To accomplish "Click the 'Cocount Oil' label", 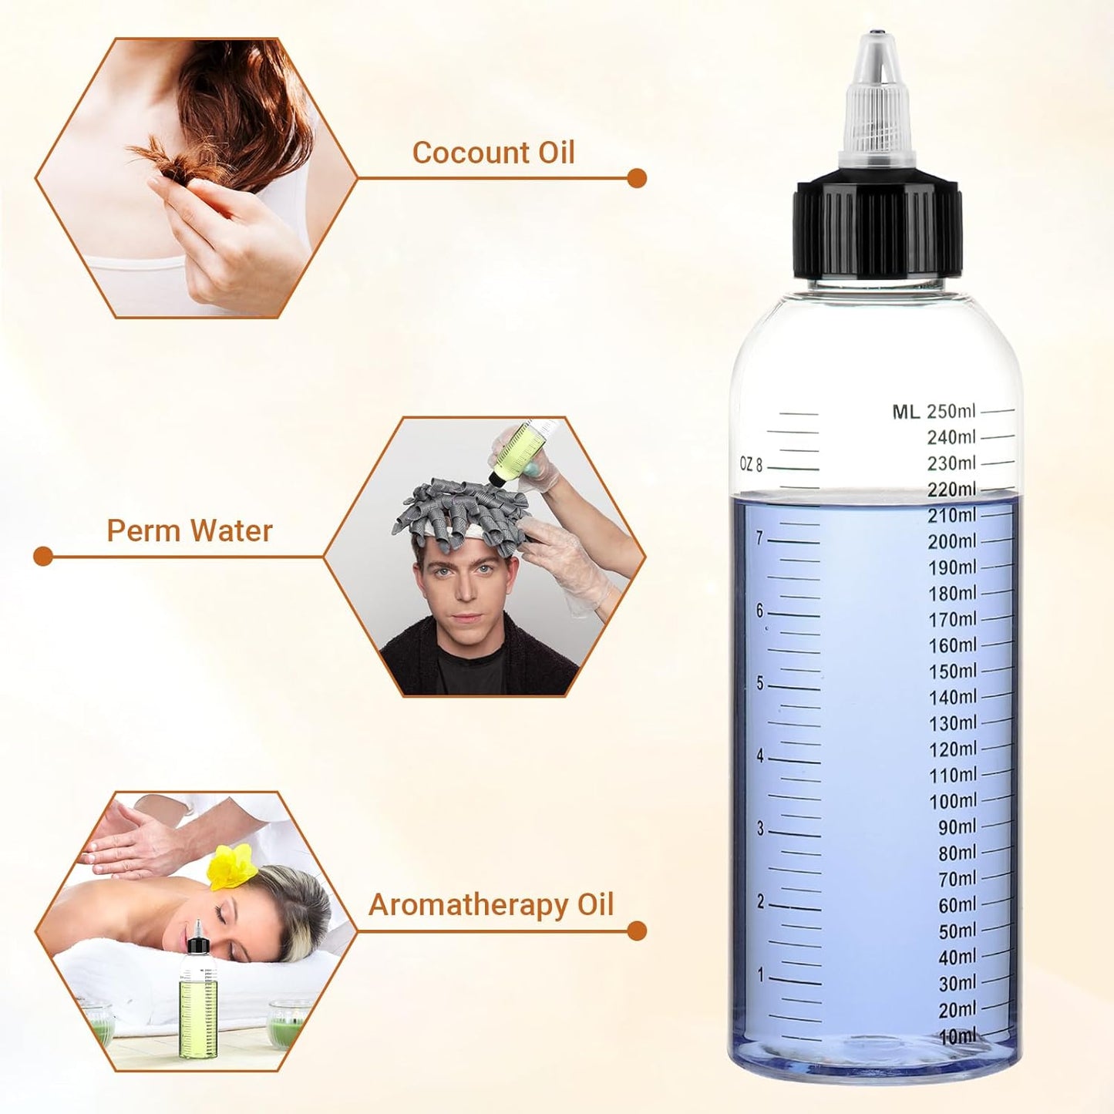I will click(493, 153).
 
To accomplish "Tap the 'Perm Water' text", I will click(190, 530).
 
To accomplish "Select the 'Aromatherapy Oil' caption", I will click(491, 904).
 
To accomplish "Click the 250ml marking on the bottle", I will click(951, 411).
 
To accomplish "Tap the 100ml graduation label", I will click(953, 801).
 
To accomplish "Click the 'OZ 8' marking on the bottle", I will click(751, 464).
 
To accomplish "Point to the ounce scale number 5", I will click(760, 684).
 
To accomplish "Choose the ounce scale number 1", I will click(761, 975).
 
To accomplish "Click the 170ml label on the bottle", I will click(953, 619).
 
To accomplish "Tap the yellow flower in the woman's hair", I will click(232, 865).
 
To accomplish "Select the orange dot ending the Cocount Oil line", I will click(637, 178).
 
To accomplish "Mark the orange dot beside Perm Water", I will click(43, 556).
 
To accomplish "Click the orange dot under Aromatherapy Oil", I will click(637, 931).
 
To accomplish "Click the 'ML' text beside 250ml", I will click(906, 412).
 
